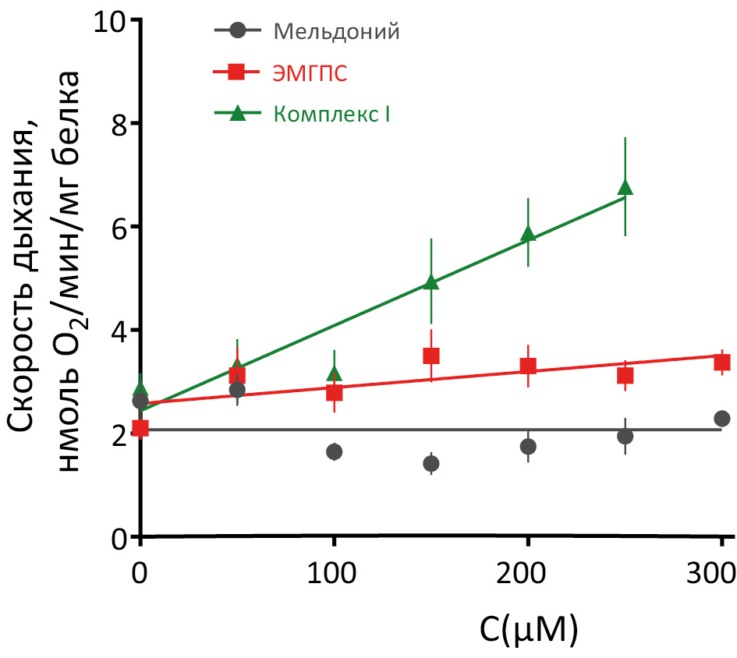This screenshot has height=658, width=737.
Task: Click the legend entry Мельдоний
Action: tap(336, 32)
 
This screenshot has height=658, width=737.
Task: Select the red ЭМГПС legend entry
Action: tap(310, 73)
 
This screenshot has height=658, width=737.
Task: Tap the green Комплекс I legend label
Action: tap(331, 114)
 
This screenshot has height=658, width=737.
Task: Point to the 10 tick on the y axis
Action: tap(110, 20)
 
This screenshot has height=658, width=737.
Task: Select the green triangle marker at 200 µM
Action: tap(528, 234)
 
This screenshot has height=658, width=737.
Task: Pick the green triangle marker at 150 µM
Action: tap(431, 282)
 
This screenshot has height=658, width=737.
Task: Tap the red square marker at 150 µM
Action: tap(431, 356)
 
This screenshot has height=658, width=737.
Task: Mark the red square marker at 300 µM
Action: tap(722, 362)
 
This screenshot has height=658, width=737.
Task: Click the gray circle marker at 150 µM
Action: tap(431, 464)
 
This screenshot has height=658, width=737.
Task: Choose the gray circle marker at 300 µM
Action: tap(722, 419)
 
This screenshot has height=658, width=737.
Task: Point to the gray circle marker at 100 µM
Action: tap(335, 451)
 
